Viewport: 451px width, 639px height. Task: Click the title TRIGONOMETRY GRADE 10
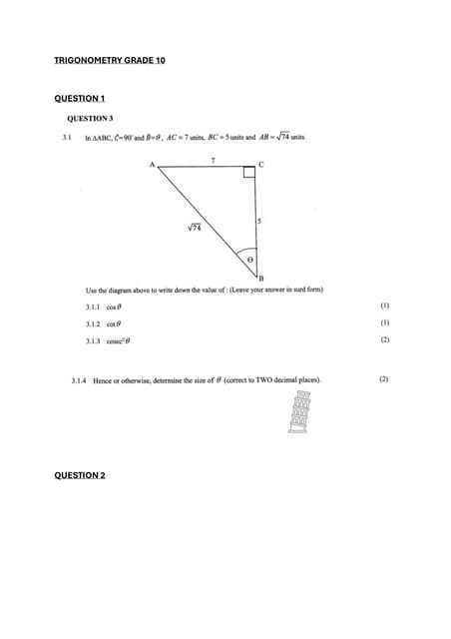[x=110, y=61]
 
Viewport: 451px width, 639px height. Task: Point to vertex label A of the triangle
[x=153, y=165]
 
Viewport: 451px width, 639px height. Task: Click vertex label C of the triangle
[x=261, y=163]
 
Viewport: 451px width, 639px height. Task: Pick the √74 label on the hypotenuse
[x=195, y=228]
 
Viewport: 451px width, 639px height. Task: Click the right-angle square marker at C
[x=249, y=175]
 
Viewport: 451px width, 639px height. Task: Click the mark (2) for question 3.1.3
[x=384, y=340]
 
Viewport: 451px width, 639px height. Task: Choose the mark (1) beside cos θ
[x=384, y=307]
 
